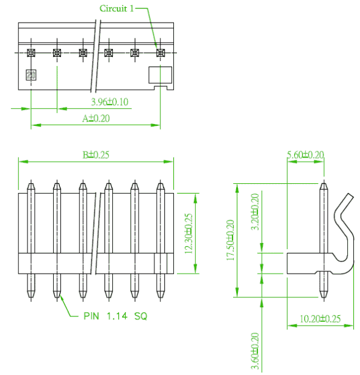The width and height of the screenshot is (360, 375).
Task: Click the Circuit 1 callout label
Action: pyautogui.click(x=117, y=9)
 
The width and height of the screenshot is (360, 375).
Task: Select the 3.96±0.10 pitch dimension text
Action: pyautogui.click(x=110, y=102)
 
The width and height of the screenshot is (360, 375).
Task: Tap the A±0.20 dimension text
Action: pyautogui.click(x=96, y=118)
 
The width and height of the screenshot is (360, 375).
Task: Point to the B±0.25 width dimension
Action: pyautogui.click(x=96, y=155)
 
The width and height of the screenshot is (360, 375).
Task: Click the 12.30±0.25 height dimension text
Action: pyautogui.click(x=189, y=233)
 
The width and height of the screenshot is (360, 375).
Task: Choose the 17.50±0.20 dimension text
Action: pyautogui.click(x=231, y=240)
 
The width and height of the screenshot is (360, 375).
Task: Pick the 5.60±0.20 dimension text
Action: pyautogui.click(x=306, y=155)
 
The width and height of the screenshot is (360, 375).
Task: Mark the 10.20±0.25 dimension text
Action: pyautogui.click(x=320, y=319)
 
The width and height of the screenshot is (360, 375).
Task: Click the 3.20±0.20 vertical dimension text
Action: pyautogui.click(x=255, y=212)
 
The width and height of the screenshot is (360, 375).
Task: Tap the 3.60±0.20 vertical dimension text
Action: pyautogui.click(x=255, y=351)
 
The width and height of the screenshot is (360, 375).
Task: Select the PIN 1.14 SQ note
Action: pyautogui.click(x=115, y=316)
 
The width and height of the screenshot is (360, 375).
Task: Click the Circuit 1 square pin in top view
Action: pyautogui.click(x=160, y=53)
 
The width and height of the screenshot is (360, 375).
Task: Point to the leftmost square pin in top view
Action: pyautogui.click(x=31, y=53)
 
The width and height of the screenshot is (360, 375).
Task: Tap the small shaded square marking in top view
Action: pyautogui.click(x=31, y=75)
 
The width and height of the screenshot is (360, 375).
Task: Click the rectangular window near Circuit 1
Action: pyautogui.click(x=160, y=75)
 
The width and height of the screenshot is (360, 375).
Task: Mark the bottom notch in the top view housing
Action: pyautogui.click(x=160, y=88)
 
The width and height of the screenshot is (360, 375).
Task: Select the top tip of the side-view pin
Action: pyautogui.click(x=323, y=184)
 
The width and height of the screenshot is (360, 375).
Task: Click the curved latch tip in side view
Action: pyautogui.click(x=351, y=195)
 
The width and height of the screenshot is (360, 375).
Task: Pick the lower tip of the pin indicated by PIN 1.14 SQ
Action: pyautogui.click(x=57, y=297)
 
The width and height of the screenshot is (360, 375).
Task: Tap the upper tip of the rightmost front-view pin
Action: pyautogui.click(x=160, y=184)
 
